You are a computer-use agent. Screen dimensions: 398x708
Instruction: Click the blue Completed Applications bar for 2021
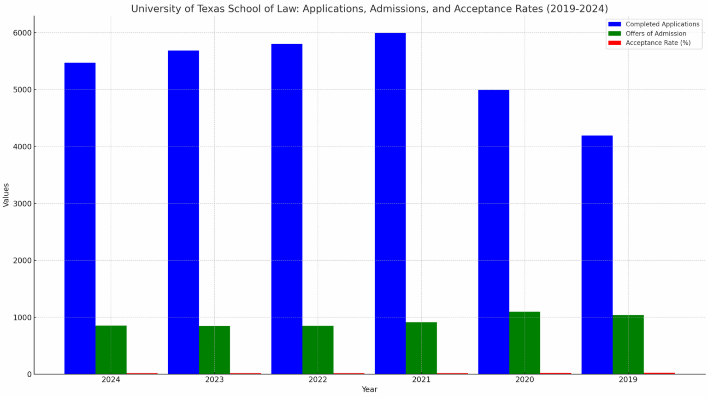click(x=390, y=203)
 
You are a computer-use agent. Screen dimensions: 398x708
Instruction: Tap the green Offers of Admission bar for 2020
click(x=525, y=343)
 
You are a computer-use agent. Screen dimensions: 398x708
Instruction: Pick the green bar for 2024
click(x=111, y=350)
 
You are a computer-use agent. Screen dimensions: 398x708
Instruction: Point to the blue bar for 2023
click(x=183, y=212)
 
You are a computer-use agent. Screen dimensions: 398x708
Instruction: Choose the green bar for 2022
click(x=318, y=350)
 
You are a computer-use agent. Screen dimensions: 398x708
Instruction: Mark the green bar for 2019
click(x=628, y=344)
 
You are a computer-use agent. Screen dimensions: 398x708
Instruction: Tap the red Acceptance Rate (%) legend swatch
click(x=614, y=43)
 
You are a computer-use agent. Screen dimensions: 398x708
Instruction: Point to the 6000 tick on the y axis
click(x=25, y=33)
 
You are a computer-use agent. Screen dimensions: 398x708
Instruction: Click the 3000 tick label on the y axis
click(x=25, y=204)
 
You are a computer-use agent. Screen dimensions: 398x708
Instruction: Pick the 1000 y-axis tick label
click(x=25, y=317)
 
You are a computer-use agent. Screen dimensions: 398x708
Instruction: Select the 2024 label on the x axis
click(x=111, y=380)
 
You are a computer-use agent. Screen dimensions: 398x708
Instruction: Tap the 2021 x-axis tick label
click(x=421, y=380)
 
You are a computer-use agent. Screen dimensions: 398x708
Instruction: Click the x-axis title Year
click(x=369, y=390)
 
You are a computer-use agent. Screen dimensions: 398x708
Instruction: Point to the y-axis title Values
click(x=6, y=195)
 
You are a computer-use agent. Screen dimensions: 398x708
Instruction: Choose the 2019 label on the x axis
click(x=628, y=380)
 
